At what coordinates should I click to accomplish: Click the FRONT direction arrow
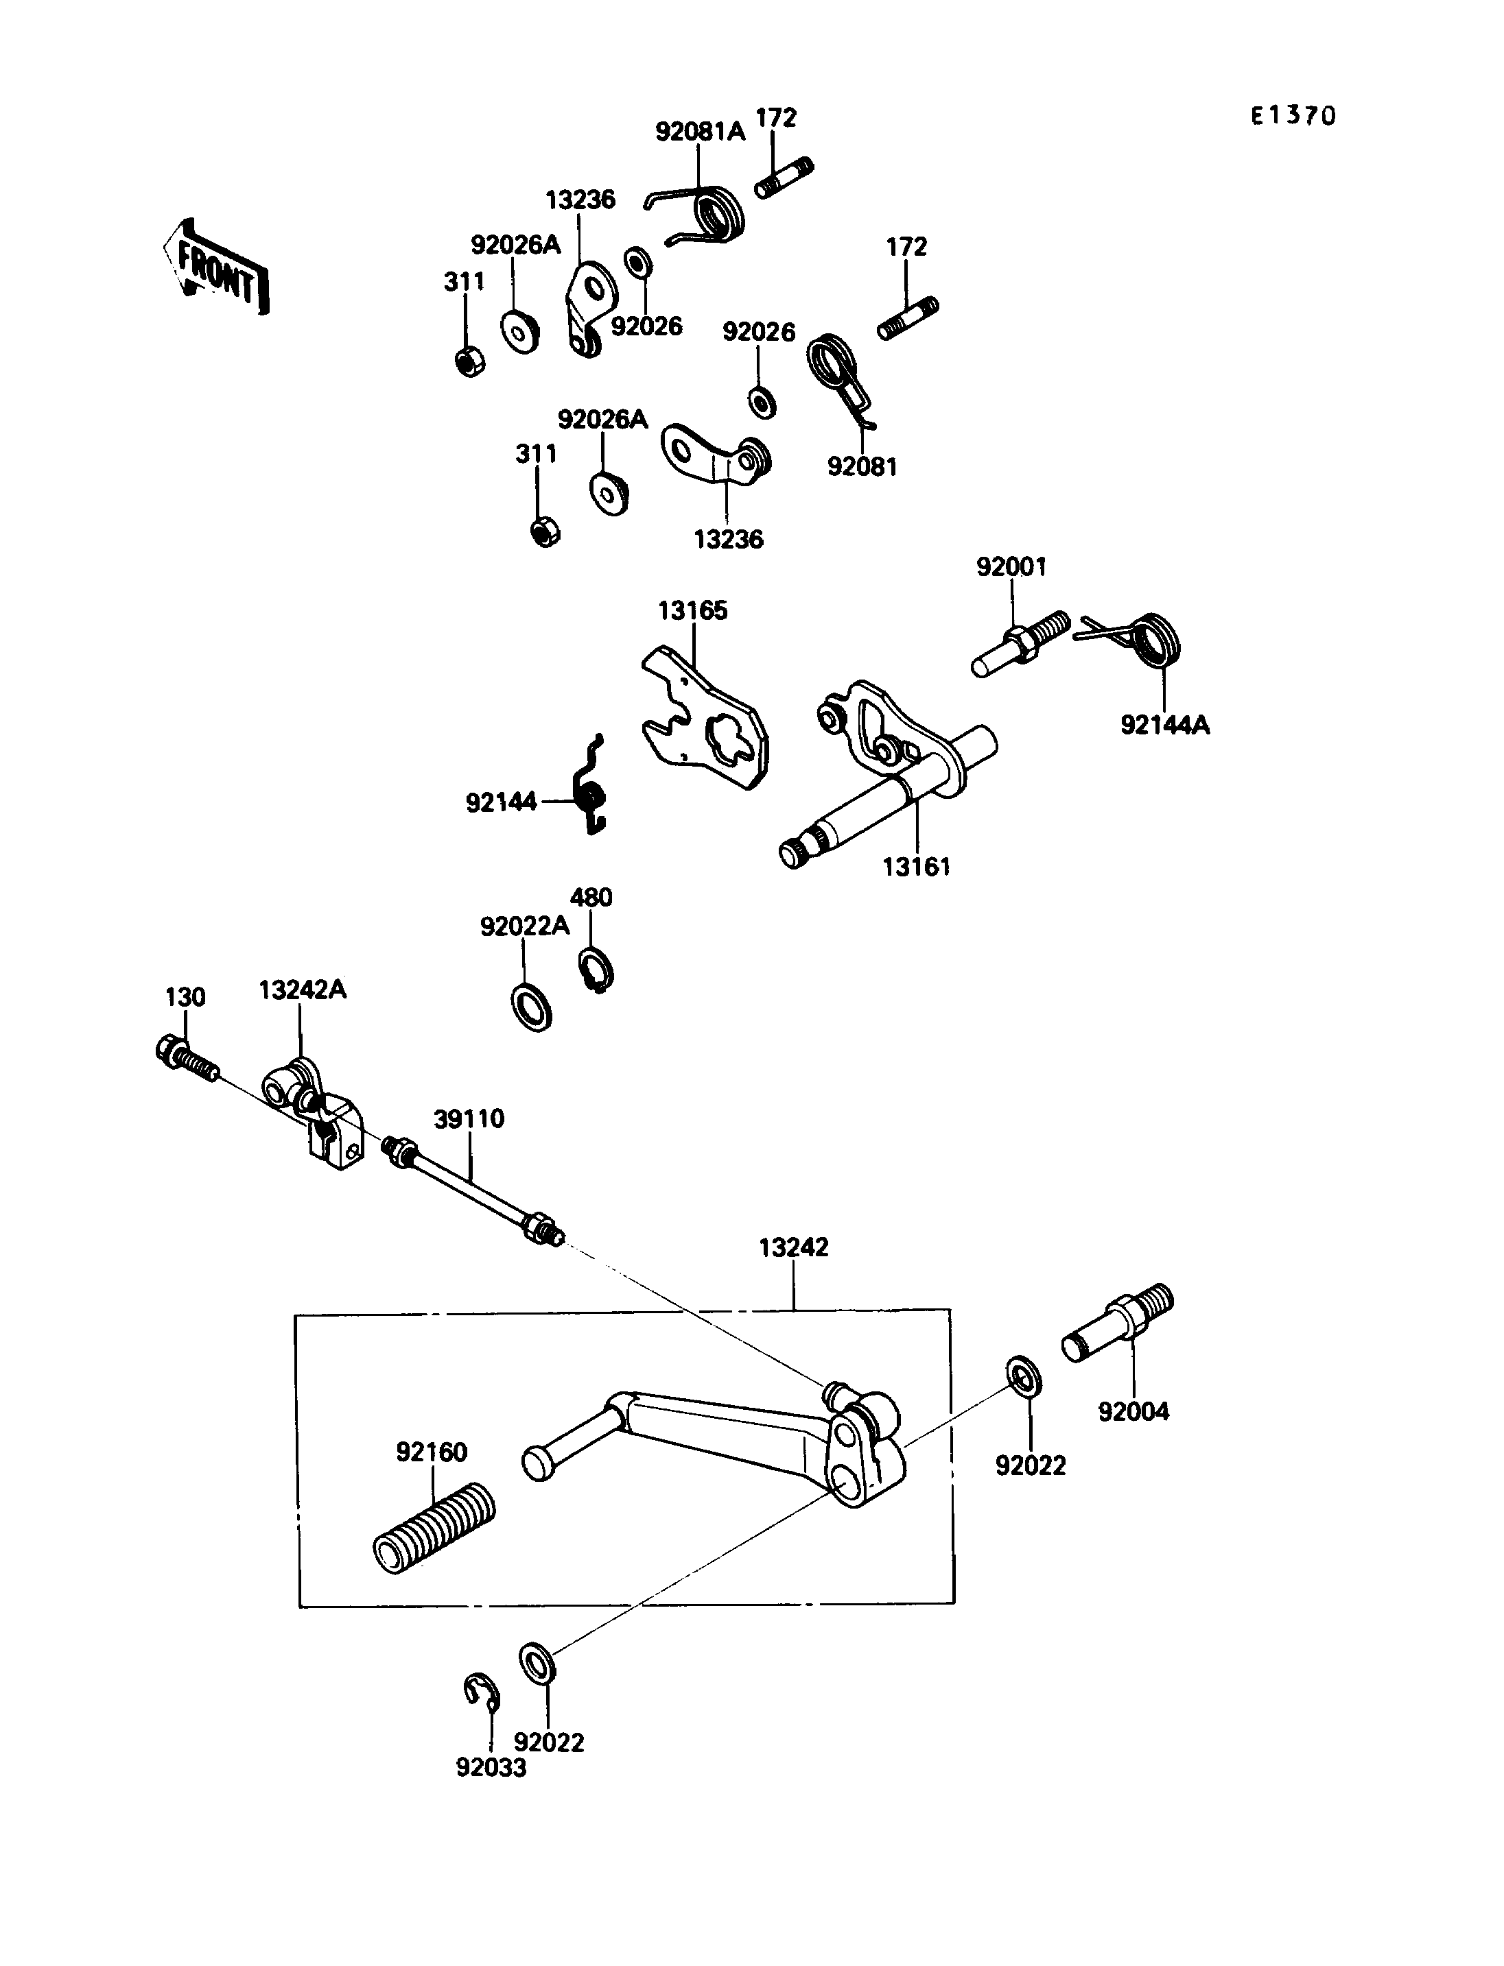coord(215,267)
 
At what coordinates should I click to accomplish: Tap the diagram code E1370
coord(1293,115)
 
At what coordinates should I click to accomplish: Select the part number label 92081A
coord(700,132)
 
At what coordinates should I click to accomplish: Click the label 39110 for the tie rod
coord(469,1118)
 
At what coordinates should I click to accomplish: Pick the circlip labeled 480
coord(596,970)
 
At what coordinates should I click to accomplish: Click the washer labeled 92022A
coord(531,1007)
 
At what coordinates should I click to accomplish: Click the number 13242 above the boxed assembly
coord(793,1247)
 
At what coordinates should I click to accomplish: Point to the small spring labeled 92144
coord(591,784)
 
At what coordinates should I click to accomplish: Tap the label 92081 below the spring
coord(862,466)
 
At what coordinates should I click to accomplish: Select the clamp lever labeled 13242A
coord(314,1114)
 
